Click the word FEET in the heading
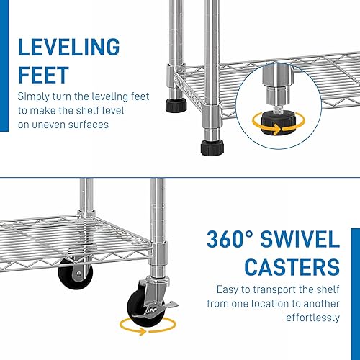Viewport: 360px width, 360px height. (x=44, y=76)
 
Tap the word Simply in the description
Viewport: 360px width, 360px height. (x=33, y=96)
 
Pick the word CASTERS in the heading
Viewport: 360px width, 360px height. (x=292, y=268)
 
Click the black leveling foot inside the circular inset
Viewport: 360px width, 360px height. (x=274, y=124)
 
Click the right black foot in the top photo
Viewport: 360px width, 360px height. (x=211, y=147)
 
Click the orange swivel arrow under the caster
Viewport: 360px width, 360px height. (x=152, y=328)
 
